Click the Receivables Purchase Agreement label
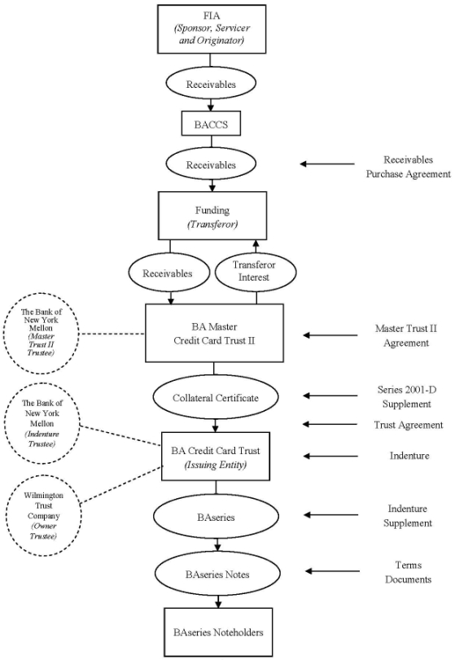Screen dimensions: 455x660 point(408,167)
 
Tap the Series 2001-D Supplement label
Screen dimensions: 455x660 point(407,397)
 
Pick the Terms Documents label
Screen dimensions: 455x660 point(409,572)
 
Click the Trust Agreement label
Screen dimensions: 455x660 point(409,425)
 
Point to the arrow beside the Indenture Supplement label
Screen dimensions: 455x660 point(331,515)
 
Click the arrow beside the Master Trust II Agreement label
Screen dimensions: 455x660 point(330,335)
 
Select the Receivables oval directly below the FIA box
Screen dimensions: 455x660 point(211,84)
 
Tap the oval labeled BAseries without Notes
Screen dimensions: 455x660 point(216,517)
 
